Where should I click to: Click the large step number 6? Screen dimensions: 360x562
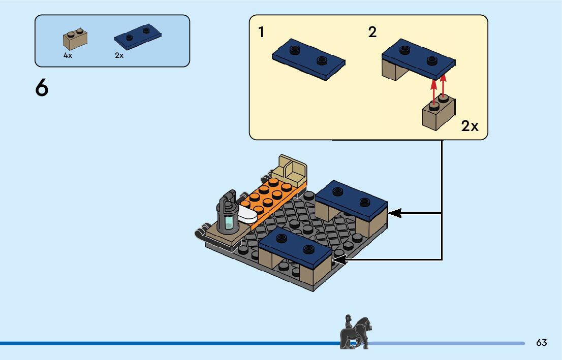42,88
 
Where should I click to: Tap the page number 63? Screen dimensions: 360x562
541,343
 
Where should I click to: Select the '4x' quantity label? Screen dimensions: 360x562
68,56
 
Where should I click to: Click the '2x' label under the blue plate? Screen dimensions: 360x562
119,56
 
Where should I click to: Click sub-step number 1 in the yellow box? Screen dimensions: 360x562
261,33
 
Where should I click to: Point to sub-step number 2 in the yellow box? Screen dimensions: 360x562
372,33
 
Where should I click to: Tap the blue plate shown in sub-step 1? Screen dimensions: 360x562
308,58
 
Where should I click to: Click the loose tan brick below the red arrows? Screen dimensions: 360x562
438,114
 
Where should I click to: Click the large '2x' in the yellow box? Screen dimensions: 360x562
470,126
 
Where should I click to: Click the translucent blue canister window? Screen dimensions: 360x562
230,222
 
